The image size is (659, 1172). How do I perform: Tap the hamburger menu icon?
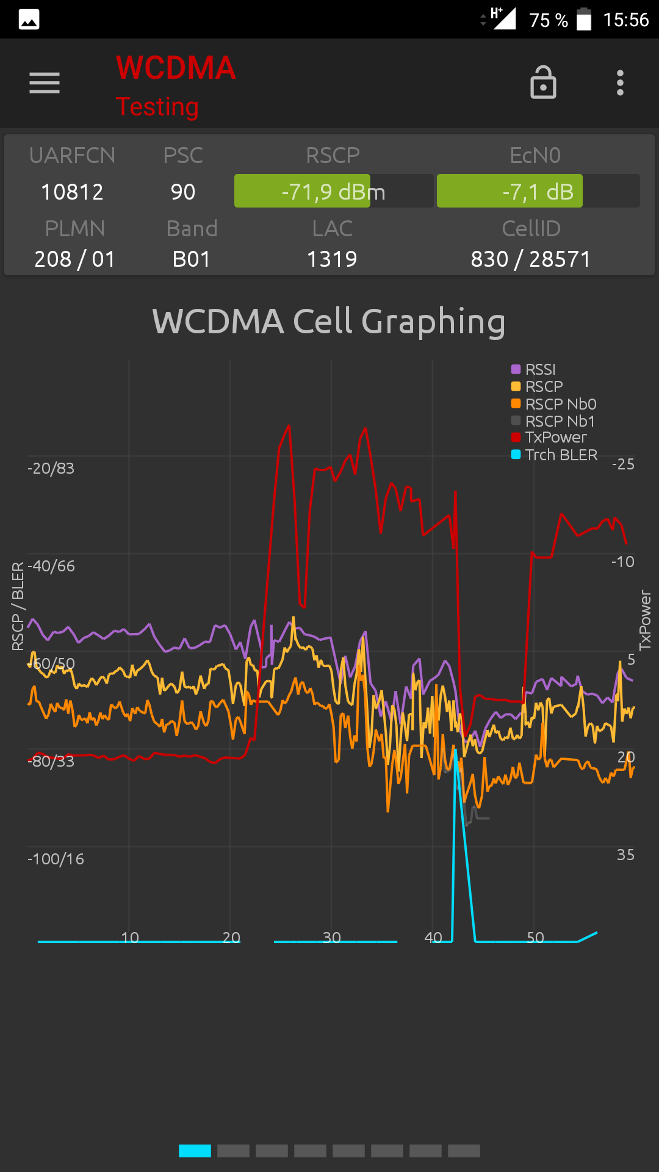click(45, 83)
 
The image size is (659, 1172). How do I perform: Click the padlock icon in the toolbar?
click(543, 83)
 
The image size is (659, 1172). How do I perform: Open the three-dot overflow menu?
click(620, 83)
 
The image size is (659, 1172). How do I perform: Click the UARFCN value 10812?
click(72, 192)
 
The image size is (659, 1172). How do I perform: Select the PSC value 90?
click(183, 192)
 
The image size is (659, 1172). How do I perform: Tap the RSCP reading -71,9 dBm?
click(333, 192)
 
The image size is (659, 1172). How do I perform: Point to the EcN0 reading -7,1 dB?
click(538, 192)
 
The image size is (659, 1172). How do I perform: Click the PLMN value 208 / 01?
click(74, 259)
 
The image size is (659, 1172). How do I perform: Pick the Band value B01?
click(191, 259)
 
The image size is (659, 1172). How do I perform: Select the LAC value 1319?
click(332, 259)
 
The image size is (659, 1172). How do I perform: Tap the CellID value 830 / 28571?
click(531, 259)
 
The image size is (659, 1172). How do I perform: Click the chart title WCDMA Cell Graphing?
click(329, 321)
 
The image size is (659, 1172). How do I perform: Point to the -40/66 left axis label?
click(51, 566)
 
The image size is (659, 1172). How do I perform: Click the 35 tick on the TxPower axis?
click(625, 855)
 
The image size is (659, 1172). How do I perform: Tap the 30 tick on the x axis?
click(332, 938)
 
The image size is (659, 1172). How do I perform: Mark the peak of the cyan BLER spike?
click(455, 750)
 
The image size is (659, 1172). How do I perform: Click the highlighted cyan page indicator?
click(195, 1151)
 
